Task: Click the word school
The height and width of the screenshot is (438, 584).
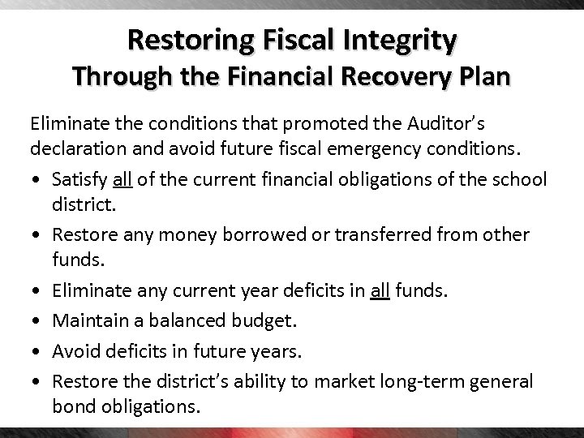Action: [x=522, y=178]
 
